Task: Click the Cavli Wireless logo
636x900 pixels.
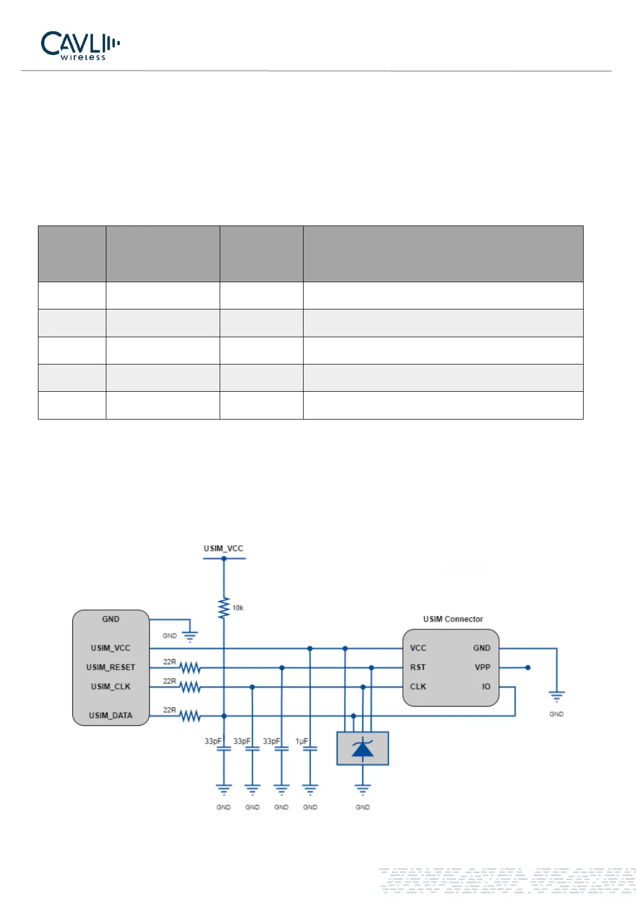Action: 80,45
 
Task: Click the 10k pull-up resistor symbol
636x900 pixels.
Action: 224,608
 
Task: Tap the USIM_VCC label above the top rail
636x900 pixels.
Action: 223,548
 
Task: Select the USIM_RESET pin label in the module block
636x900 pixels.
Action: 111,667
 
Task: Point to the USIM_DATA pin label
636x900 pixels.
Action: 111,715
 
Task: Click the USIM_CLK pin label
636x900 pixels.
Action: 111,686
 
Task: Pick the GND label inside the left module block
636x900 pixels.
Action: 111,619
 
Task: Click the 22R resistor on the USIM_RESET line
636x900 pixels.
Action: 190,668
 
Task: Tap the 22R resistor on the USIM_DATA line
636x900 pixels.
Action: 190,716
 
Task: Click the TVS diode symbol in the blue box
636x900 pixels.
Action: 363,748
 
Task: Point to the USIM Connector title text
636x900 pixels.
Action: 453,619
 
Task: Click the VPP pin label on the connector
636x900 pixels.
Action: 482,667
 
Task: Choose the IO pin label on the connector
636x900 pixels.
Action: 486,686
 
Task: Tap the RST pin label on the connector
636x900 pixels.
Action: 418,667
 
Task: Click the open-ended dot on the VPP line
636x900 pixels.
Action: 528,668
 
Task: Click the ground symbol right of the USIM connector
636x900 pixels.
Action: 556,696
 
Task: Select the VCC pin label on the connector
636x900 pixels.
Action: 418,648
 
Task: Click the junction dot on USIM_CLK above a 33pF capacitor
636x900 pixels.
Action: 252,687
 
